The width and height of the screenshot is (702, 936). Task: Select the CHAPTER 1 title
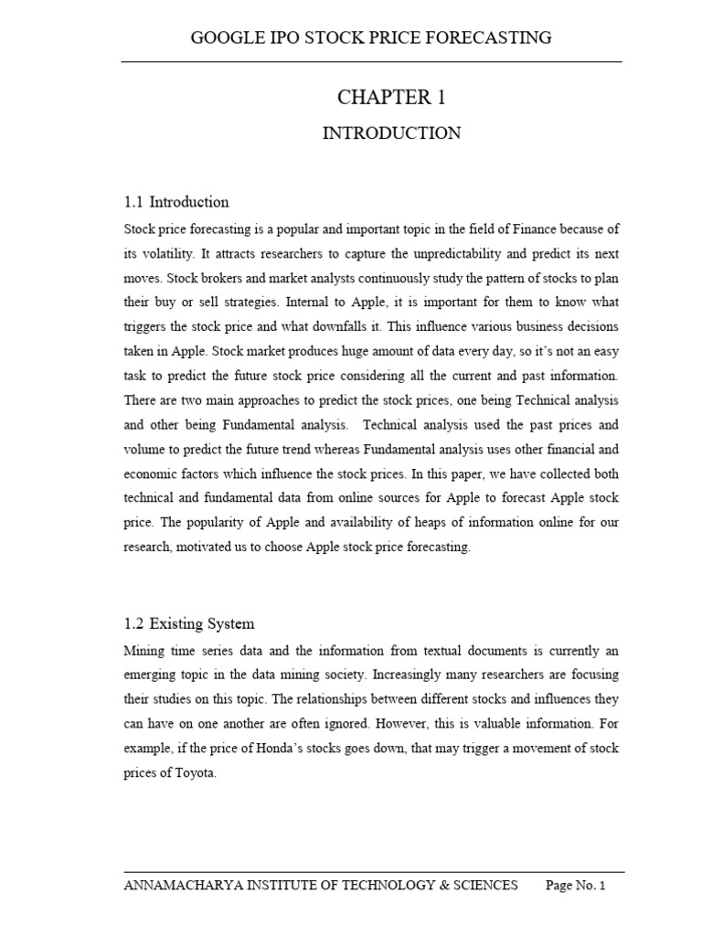[391, 98]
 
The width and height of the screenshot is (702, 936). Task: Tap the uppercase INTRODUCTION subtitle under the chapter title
[391, 133]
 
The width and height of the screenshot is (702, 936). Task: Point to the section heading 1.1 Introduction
[175, 202]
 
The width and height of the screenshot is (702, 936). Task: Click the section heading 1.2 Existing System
[188, 624]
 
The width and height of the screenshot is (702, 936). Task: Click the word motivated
[213, 548]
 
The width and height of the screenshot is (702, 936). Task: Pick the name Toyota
[193, 773]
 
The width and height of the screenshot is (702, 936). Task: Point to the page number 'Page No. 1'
[576, 885]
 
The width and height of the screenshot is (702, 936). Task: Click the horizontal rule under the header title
[372, 61]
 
